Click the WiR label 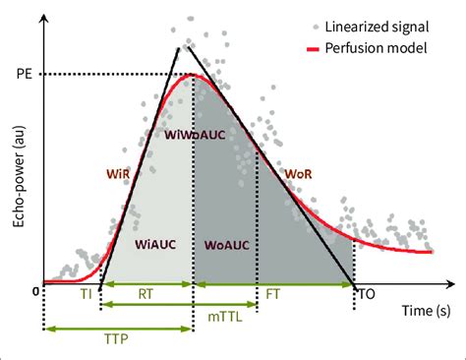[x=121, y=171]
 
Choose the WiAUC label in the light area [x=156, y=240]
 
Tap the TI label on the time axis [x=85, y=293]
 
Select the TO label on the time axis [x=366, y=293]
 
